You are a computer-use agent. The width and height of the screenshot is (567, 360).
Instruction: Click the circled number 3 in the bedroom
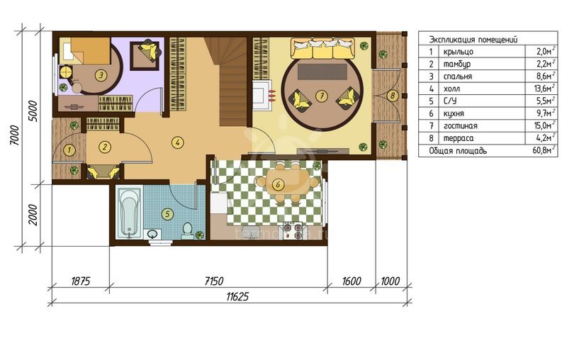point(101,75)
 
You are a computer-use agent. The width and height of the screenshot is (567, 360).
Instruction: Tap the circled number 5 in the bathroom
point(167,214)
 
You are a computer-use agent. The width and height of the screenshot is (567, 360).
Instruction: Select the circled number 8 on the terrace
point(393,96)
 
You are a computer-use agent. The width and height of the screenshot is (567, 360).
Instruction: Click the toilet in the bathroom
point(187,231)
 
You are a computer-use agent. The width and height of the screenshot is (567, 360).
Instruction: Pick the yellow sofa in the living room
point(323,49)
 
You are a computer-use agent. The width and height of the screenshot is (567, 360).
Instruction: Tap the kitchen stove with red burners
point(293,230)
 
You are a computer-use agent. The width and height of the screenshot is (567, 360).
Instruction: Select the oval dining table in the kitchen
point(288,184)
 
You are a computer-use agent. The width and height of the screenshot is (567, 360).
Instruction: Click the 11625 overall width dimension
point(237,297)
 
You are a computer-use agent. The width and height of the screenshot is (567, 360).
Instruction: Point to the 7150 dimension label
point(214,281)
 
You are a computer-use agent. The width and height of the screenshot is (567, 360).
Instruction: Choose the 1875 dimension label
point(80,281)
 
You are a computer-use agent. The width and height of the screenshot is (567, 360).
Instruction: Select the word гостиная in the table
point(460,126)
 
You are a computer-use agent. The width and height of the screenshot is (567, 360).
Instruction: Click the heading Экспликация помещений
point(473,39)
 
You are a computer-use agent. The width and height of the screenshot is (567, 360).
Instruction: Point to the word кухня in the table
point(454,113)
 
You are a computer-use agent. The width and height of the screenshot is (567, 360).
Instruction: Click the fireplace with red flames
point(263,96)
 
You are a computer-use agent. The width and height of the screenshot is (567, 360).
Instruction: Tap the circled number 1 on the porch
point(69,150)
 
